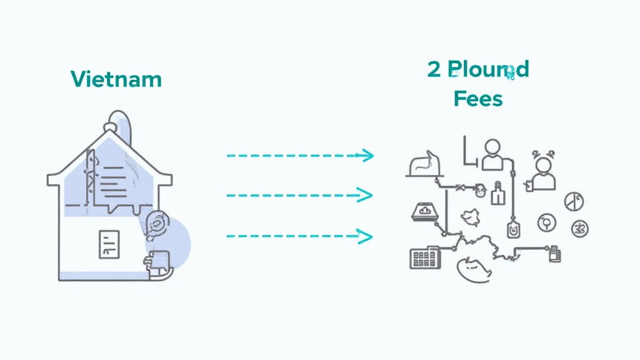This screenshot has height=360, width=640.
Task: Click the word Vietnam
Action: [x=116, y=79]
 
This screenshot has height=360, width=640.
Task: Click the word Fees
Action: [x=478, y=98]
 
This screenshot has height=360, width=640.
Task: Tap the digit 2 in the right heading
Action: [x=434, y=69]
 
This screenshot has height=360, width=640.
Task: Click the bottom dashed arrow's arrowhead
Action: [x=365, y=236]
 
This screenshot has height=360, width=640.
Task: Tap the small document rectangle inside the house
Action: [x=109, y=244]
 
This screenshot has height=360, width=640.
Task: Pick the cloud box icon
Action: [x=425, y=212]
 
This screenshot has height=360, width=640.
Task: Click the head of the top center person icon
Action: [x=492, y=147]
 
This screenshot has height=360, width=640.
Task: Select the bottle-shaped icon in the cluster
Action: [x=498, y=194]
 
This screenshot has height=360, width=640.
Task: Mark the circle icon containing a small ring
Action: [x=546, y=221]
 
